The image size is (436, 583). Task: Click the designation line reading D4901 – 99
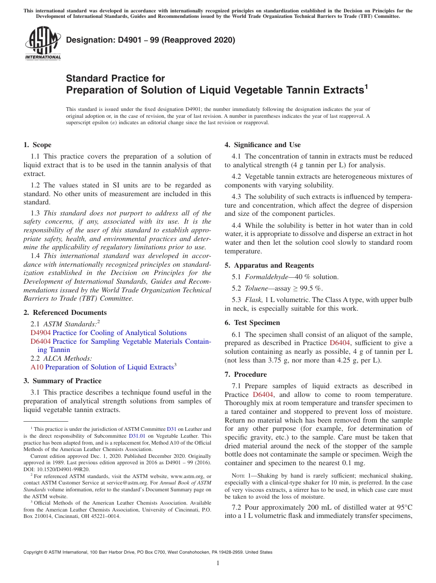(x=151, y=40)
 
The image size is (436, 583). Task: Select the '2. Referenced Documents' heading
(x=65, y=313)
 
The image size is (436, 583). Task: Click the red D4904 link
(x=40, y=333)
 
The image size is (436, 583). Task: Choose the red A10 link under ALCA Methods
(x=37, y=367)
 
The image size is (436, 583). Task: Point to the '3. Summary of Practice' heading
(x=62, y=381)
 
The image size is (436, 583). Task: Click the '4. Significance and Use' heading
(x=263, y=145)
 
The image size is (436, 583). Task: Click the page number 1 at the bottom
(x=218, y=563)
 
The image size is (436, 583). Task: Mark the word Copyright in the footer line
(x=35, y=552)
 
